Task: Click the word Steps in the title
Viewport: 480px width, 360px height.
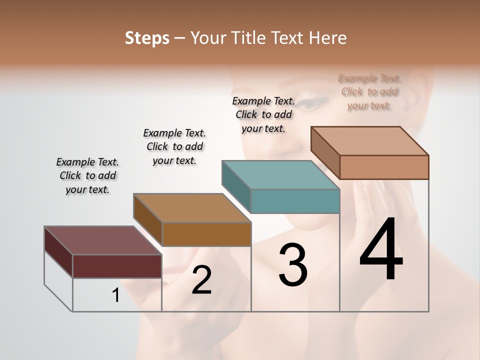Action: point(147,38)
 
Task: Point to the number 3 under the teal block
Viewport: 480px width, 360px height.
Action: point(292,265)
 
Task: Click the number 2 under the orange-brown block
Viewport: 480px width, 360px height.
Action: point(201,280)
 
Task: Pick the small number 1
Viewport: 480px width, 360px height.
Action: point(116,295)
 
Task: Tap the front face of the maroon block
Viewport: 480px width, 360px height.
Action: point(117,266)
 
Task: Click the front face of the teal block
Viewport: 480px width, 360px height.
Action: point(295,201)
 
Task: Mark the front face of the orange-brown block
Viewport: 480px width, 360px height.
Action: point(206,234)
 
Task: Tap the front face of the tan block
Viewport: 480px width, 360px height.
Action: point(384,167)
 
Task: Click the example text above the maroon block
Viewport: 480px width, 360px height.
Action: point(87,175)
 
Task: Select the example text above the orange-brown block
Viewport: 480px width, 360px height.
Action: point(174,146)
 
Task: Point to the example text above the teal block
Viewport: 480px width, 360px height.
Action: point(263,114)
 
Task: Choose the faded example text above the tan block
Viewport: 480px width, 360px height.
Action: point(369,92)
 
